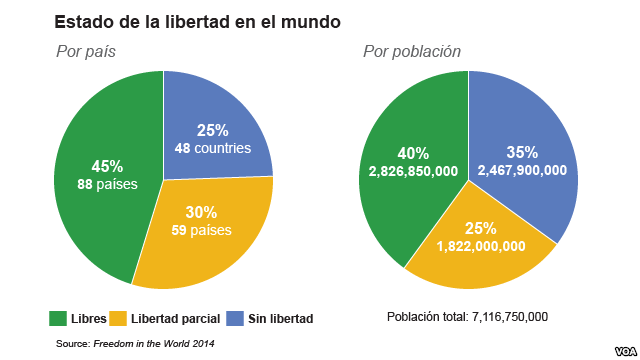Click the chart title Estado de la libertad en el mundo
[198, 22]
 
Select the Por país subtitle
[86, 52]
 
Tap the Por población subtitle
[412, 52]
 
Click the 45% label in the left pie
[107, 167]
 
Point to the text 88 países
[107, 184]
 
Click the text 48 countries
[213, 148]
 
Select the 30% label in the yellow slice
[201, 212]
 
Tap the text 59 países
[201, 230]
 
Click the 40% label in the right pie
[413, 153]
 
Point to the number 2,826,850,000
[413, 171]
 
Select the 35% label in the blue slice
[522, 152]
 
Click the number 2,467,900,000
[522, 170]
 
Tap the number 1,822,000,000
[481, 246]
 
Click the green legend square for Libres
[58, 318]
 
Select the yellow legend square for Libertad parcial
[118, 318]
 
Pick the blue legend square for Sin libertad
[235, 318]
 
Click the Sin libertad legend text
[281, 318]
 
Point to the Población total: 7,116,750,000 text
[467, 317]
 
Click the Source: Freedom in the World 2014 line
[135, 344]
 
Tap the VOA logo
[625, 351]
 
